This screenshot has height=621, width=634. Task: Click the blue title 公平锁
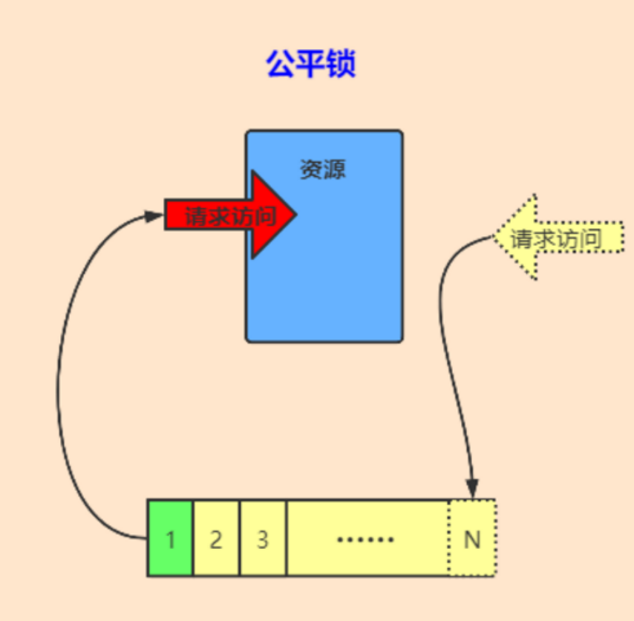[x=311, y=64]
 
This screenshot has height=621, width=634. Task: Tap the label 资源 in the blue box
[x=323, y=169]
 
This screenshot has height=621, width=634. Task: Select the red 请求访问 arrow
[x=230, y=215]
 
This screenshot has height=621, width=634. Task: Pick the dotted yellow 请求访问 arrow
[x=558, y=237]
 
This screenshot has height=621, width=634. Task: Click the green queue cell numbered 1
[x=170, y=538]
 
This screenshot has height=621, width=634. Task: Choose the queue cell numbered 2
[x=216, y=538]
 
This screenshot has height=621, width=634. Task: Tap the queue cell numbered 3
[x=263, y=538]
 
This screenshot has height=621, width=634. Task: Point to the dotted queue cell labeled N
[x=472, y=538]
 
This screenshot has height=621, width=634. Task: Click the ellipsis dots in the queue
[x=365, y=539]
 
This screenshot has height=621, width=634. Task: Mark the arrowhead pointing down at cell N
[x=472, y=489]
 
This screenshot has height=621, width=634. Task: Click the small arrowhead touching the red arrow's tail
[x=154, y=216]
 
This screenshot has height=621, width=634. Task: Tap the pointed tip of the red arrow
[x=297, y=215]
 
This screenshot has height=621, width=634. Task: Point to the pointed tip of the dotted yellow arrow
[x=493, y=237]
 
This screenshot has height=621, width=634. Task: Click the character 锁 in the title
[x=341, y=64]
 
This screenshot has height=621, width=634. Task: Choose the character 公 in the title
[x=281, y=64]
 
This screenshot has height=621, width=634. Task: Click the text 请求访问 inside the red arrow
[x=230, y=216]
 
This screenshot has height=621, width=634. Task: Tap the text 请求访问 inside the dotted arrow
[x=556, y=238]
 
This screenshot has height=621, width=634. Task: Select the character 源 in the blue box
[x=335, y=169]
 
